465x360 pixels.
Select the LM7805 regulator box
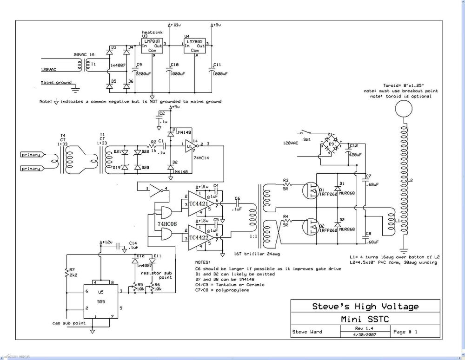coord(195,46)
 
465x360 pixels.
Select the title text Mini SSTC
coord(365,320)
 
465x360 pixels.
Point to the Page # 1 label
coord(405,332)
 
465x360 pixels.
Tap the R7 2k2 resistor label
coord(72,272)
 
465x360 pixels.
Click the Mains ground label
coord(56,83)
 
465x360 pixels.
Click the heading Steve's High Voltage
coord(365,306)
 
